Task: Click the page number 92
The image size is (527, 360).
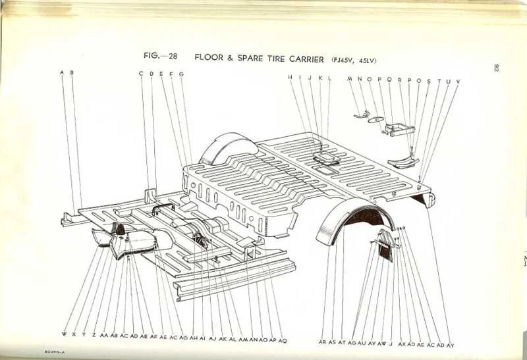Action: point(495,68)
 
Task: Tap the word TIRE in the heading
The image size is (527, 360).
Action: point(266,57)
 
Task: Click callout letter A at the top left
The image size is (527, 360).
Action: point(62,72)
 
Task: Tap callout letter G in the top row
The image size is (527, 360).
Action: point(181,74)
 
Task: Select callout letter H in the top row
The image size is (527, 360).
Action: point(290,78)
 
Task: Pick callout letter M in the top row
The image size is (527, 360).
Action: point(350,80)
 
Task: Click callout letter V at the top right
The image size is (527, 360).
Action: point(458,81)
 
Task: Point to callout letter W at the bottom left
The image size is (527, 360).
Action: point(64,334)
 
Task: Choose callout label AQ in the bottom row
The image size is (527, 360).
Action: point(283,340)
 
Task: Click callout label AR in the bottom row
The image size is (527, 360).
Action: point(322,342)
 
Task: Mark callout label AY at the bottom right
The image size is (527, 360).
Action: point(451,345)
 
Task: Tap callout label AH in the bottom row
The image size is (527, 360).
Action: point(193,338)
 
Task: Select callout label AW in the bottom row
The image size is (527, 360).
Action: point(381,344)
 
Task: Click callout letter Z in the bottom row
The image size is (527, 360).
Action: point(94,335)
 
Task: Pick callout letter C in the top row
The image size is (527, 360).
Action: point(141,73)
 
